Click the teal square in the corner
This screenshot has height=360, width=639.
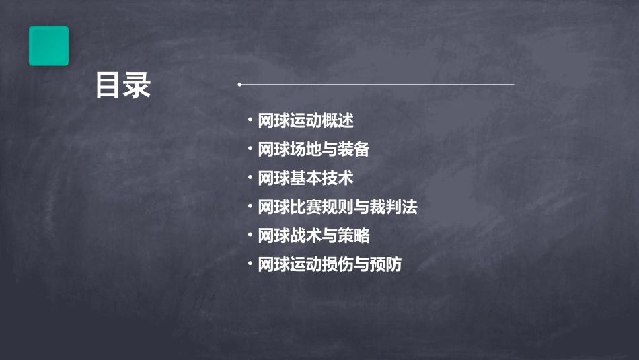[48, 46]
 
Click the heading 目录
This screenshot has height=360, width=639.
[123, 85]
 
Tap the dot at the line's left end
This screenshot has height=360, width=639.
[239, 85]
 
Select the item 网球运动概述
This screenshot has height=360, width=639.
[305, 121]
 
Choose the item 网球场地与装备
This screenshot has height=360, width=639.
[313, 149]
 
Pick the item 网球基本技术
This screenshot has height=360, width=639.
[305, 178]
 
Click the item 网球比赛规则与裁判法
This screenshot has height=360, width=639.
[338, 207]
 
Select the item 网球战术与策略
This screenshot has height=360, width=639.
[313, 236]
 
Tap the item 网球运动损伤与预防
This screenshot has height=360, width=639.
[330, 264]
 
